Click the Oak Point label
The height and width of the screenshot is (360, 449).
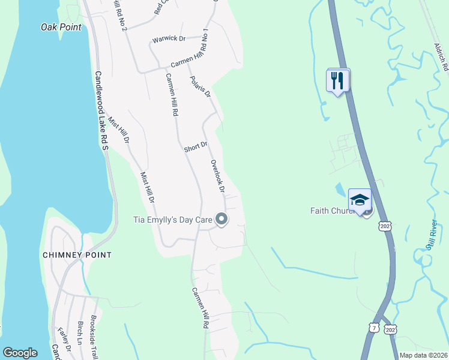[61, 27]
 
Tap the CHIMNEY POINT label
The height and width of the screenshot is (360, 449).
[77, 255]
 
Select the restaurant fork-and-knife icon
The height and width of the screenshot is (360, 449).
[338, 79]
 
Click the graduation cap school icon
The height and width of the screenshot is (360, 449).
[360, 200]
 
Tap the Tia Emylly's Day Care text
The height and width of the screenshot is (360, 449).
[172, 220]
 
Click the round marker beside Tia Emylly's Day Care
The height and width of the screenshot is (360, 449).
[221, 220]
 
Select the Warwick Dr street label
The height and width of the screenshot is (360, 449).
[169, 39]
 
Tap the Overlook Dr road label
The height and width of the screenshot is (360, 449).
[217, 176]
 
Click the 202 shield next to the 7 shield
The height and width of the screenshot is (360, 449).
[391, 329]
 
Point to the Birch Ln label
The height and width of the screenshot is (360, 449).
[80, 334]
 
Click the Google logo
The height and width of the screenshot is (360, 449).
[20, 353]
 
